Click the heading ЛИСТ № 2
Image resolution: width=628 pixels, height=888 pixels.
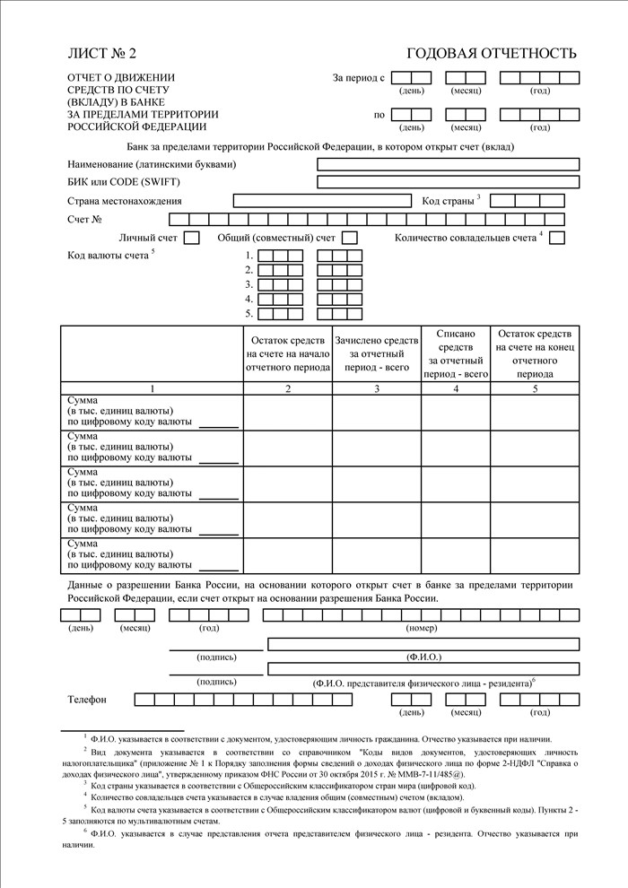point(102,54)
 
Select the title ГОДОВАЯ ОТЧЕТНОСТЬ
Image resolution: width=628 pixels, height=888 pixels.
point(492,54)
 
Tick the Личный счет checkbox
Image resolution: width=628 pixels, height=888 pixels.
point(191,238)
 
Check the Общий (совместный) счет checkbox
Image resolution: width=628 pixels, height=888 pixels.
point(350,238)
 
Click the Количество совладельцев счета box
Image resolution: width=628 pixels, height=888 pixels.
point(556,238)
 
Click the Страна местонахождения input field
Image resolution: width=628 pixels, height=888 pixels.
point(323,200)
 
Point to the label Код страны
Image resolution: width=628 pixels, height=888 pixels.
point(448,200)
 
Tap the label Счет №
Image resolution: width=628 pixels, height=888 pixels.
point(84,219)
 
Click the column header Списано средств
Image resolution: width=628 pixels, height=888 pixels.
point(456,353)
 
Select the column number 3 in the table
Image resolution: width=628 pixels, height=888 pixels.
point(376,388)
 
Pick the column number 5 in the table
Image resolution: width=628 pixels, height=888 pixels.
point(535,388)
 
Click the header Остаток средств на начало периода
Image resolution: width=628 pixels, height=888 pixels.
point(288,353)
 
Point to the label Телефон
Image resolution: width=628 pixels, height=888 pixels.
point(87,699)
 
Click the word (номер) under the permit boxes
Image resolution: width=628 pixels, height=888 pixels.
point(422,628)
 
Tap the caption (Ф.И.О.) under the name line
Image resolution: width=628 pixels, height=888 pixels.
point(423,657)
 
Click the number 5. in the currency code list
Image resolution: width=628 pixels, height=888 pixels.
point(249,313)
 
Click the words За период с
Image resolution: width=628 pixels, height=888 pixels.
point(358,78)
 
